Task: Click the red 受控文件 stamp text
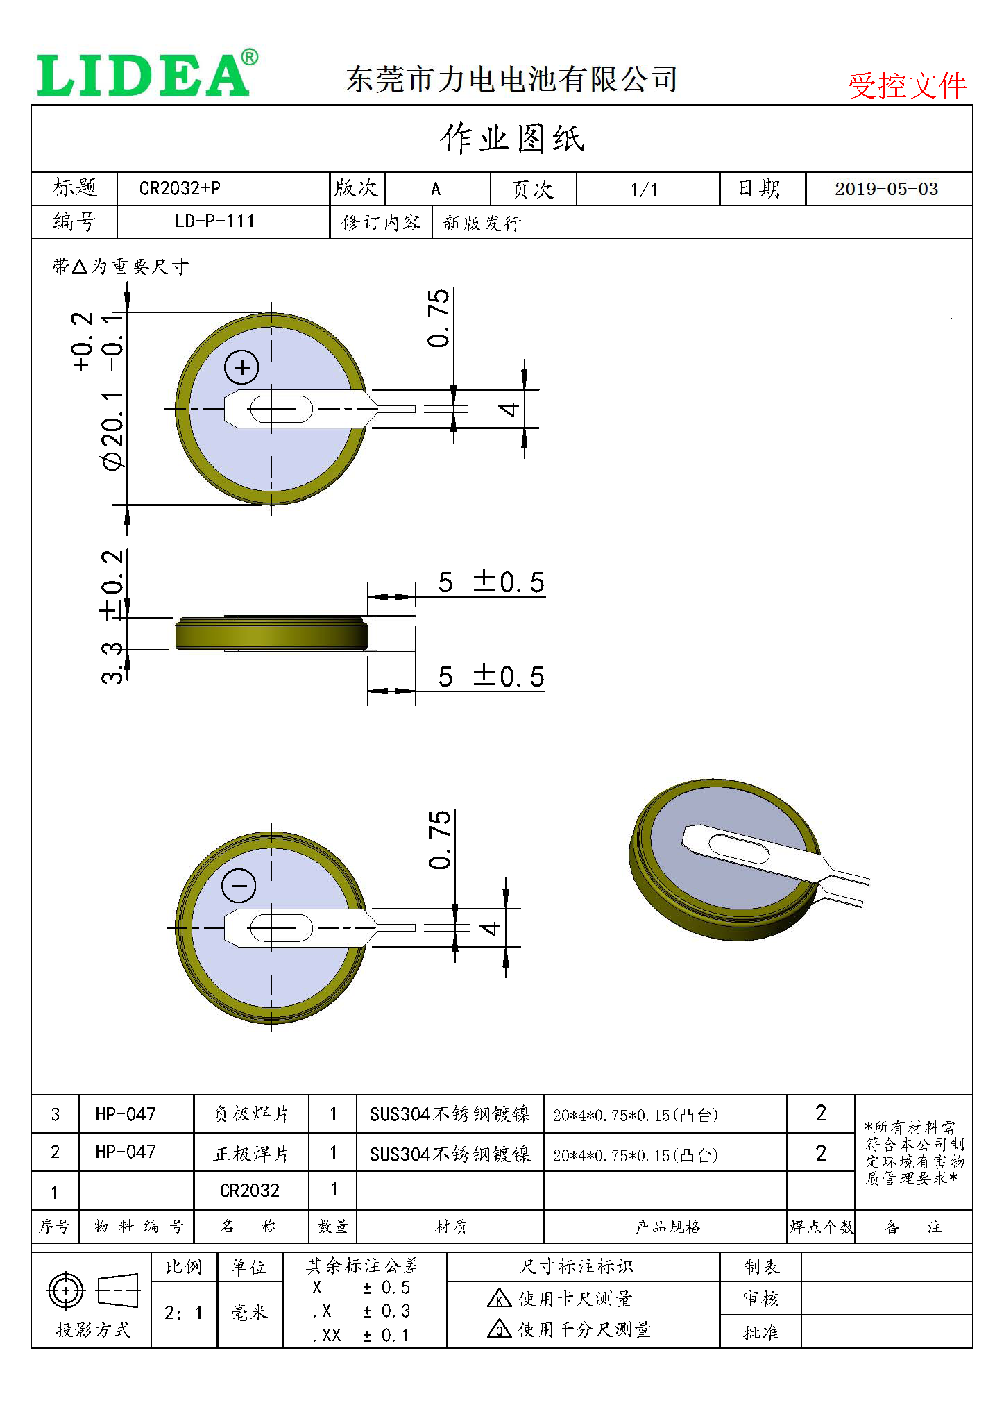(906, 86)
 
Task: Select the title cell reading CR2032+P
(180, 189)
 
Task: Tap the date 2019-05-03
(886, 190)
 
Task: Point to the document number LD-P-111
(214, 222)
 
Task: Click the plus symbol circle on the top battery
(241, 367)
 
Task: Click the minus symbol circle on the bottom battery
(239, 886)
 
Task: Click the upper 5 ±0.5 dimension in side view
(491, 582)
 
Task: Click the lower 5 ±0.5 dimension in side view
(491, 677)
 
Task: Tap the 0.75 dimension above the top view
(439, 319)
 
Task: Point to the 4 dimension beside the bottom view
(490, 928)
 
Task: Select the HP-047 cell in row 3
(126, 1114)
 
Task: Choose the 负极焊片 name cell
(251, 1114)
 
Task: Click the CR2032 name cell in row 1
(250, 1191)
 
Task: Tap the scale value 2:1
(184, 1313)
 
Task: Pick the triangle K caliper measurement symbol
(499, 1298)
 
